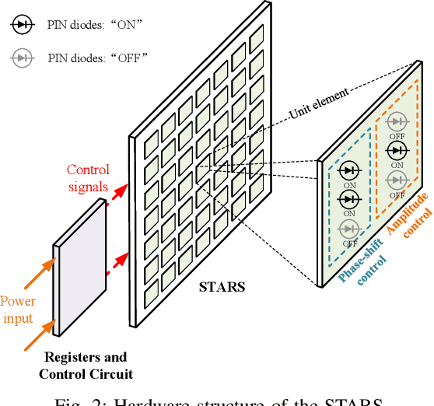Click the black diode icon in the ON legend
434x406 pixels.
[x=20, y=25]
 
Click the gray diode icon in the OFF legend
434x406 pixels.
[x=20, y=57]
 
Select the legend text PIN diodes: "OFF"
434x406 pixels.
[x=98, y=58]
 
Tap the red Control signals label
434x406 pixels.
[x=88, y=178]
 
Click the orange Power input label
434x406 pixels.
[x=17, y=310]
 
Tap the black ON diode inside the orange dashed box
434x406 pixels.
[x=397, y=149]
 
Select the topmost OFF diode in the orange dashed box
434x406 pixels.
[x=397, y=121]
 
